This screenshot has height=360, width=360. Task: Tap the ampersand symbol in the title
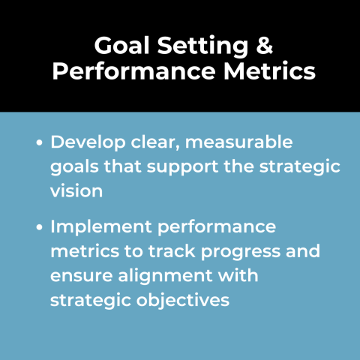click(263, 47)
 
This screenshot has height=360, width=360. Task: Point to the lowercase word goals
click(73, 166)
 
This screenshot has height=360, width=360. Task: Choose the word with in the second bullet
click(238, 275)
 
